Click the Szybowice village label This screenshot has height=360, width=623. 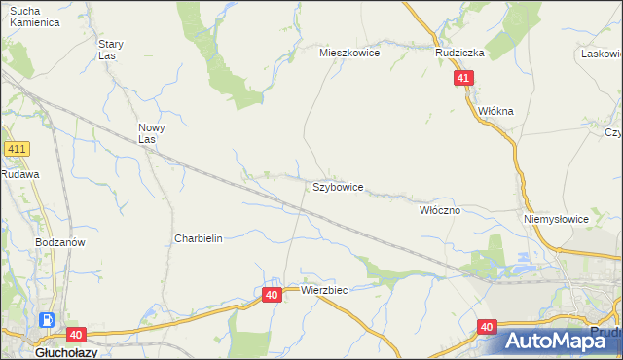(338, 186)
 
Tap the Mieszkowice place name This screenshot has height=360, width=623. (349, 54)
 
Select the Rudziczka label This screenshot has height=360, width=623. (459, 54)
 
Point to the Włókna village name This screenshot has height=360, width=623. (495, 111)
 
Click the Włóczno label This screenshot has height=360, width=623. (439, 209)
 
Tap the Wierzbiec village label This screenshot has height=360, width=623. (324, 290)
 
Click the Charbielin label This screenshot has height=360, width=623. (199, 238)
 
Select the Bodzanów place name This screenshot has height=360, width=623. (56, 242)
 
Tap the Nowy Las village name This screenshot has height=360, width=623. (152, 133)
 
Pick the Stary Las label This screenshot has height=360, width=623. (110, 50)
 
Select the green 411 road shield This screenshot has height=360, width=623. (17, 149)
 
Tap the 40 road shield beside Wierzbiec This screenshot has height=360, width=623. (272, 294)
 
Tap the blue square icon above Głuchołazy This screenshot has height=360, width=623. (46, 320)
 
